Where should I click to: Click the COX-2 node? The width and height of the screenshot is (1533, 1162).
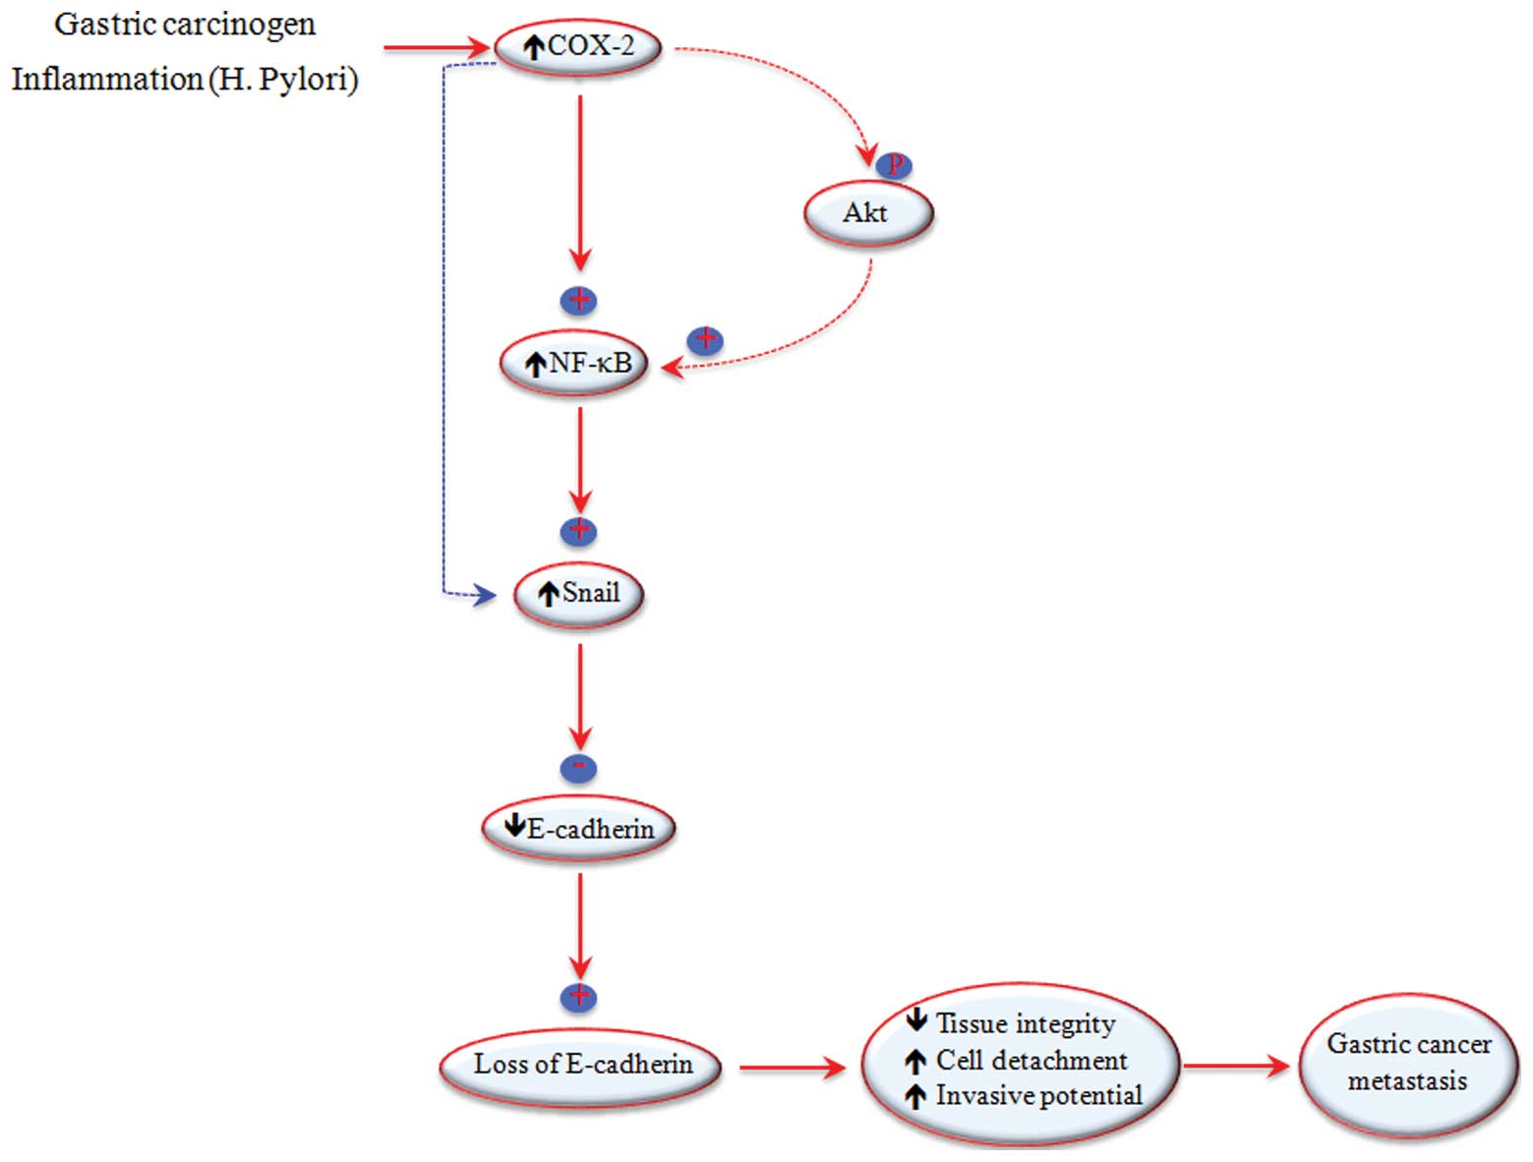[578, 46]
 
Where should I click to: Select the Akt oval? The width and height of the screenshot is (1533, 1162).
[867, 213]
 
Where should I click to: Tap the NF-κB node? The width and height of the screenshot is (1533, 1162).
[575, 364]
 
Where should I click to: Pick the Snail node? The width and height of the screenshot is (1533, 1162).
[578, 594]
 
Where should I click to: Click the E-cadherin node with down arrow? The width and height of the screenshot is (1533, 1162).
[578, 829]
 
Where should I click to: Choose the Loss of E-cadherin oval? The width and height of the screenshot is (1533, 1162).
[581, 1065]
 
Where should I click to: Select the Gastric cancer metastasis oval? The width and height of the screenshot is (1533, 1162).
[1408, 1064]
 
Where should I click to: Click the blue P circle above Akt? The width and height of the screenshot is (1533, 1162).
[895, 166]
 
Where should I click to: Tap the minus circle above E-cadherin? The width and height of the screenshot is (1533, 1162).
[578, 767]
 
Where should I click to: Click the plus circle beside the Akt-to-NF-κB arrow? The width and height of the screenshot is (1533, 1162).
[705, 340]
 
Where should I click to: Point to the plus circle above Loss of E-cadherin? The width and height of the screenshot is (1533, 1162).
[578, 997]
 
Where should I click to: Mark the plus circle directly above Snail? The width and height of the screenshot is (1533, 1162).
[578, 531]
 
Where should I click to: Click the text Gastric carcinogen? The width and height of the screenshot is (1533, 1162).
[185, 25]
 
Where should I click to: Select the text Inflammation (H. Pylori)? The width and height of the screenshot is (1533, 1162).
[185, 79]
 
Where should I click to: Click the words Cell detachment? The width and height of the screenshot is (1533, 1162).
[1032, 1061]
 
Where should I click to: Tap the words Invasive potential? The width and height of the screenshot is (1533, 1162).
[1038, 1096]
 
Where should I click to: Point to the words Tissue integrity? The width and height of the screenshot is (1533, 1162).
[1026, 1024]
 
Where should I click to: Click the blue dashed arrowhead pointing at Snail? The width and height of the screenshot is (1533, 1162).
[485, 594]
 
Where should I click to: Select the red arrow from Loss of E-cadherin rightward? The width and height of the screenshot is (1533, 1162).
[792, 1068]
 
